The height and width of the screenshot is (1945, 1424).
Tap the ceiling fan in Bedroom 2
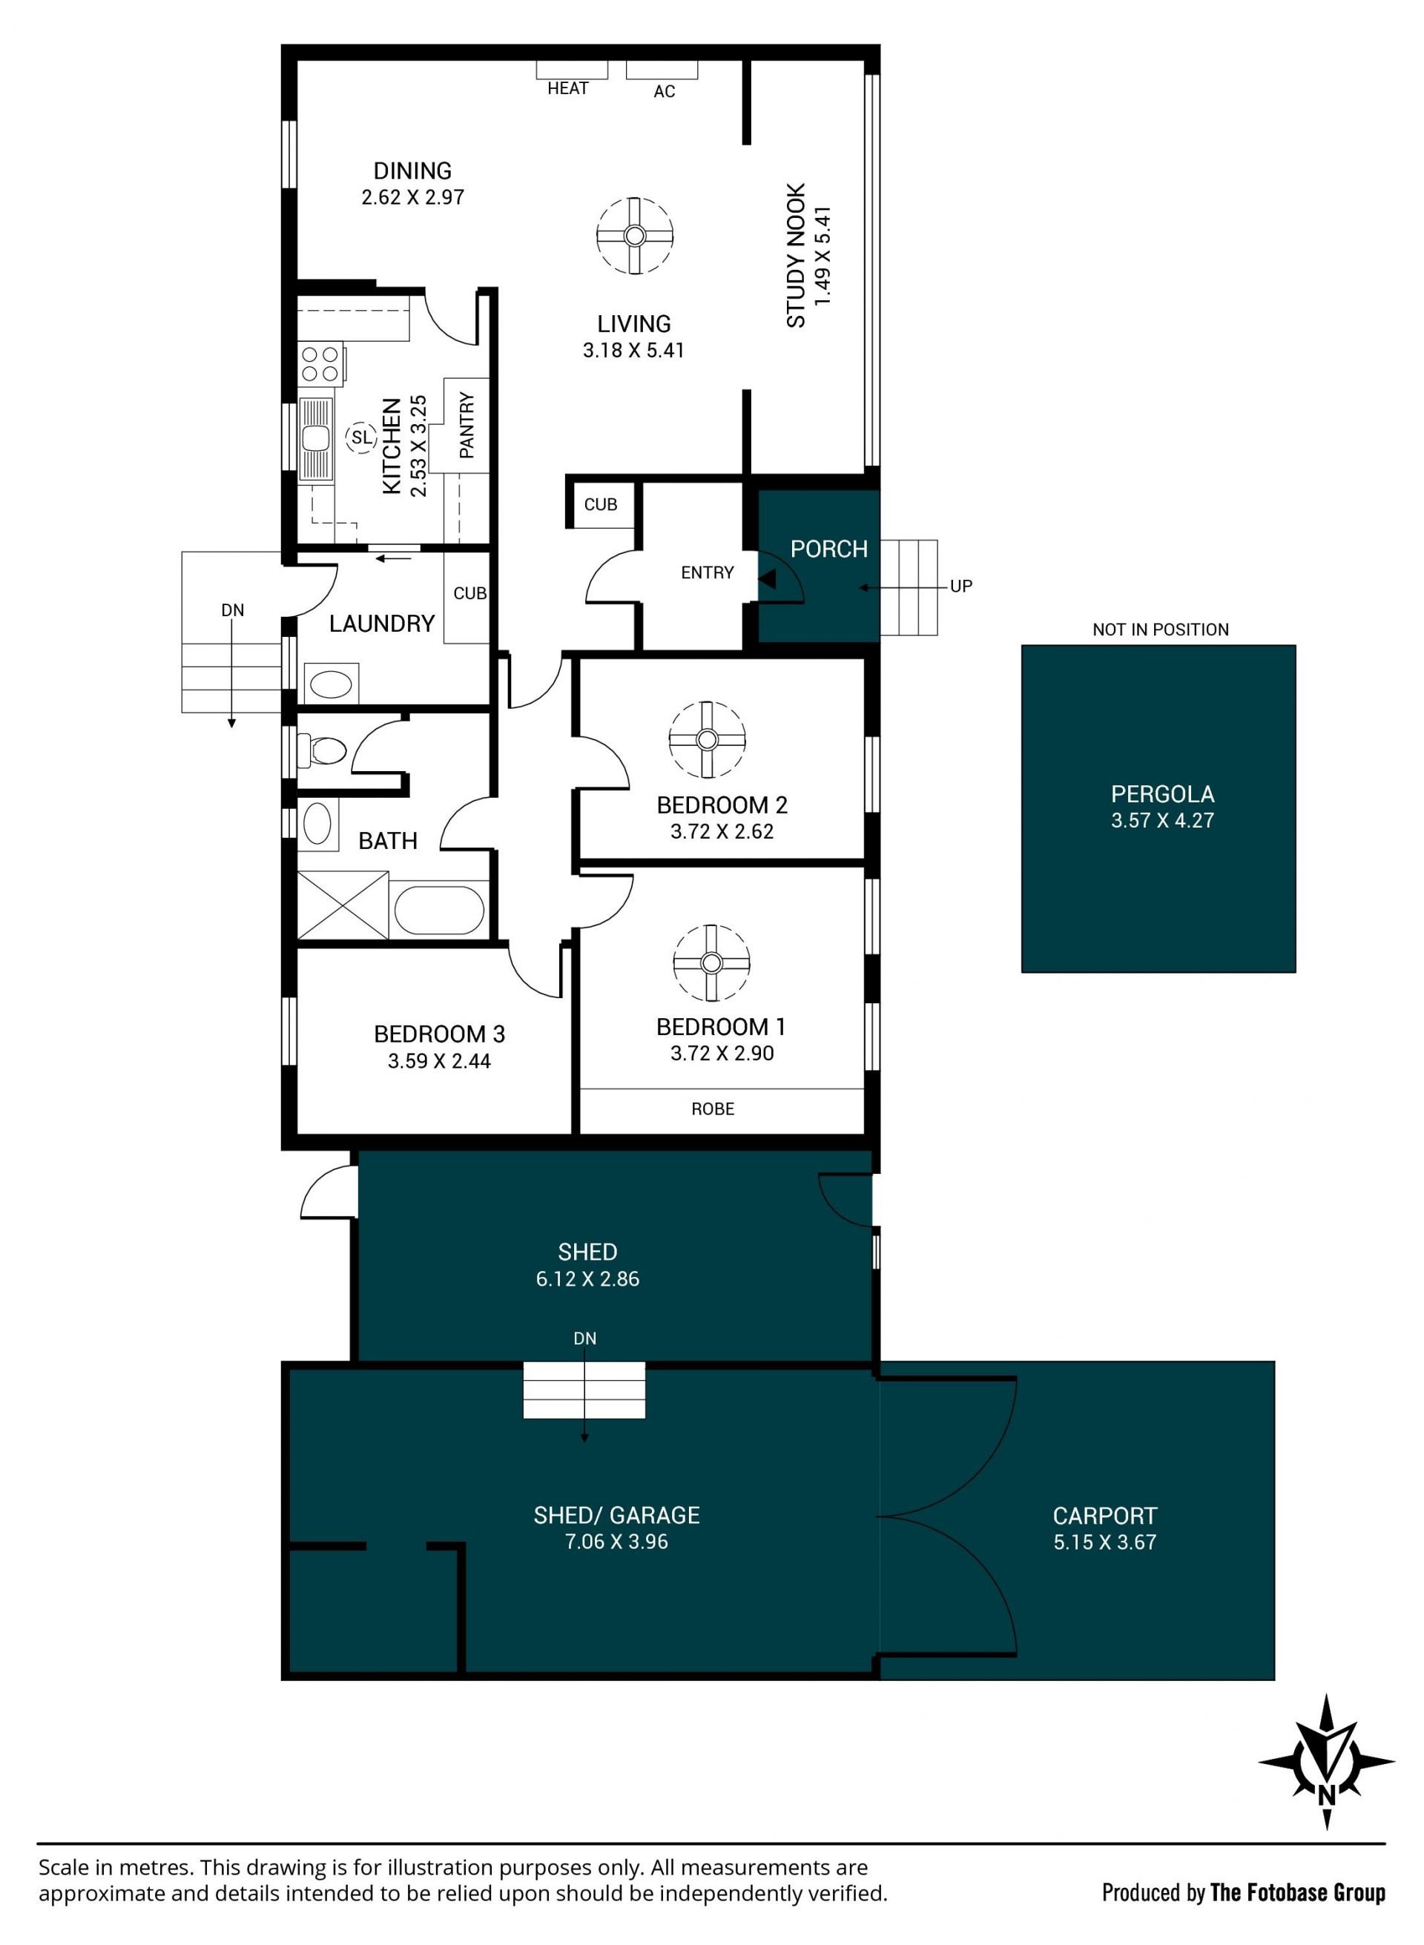707,739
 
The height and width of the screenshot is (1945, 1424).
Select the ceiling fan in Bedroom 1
711,962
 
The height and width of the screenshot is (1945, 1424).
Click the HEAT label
568,88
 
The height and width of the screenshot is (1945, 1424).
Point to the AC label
664,91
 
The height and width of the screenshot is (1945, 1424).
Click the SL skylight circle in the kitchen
361,437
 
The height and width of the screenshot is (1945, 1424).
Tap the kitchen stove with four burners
320,363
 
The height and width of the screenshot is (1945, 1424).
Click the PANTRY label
467,425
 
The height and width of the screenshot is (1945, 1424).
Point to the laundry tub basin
330,684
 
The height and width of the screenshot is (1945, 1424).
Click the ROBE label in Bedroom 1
713,1109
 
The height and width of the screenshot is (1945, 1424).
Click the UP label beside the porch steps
961,586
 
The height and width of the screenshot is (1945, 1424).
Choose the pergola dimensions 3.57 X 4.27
1162,820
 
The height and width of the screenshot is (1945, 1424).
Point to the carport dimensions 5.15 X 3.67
1105,1542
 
